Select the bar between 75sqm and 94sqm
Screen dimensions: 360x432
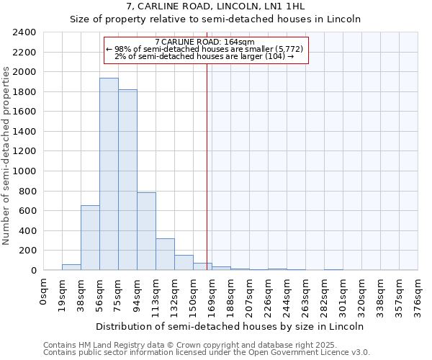point(127,180)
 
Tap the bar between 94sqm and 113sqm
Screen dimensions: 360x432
point(146,231)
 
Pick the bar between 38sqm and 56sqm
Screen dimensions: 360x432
point(90,238)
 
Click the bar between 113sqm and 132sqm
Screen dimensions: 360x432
point(165,254)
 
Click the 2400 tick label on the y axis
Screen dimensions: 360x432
point(24,32)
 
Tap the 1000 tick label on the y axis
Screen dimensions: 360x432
point(24,171)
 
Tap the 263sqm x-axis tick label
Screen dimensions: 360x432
point(306,293)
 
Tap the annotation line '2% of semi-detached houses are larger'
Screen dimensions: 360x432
point(204,56)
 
